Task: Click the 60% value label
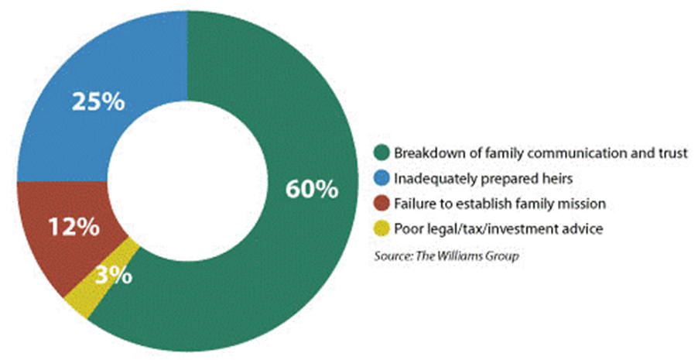pos(312,190)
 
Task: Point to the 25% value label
pos(98,101)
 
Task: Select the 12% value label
pos(74,228)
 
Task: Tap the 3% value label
pos(114,276)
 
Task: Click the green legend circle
pos(382,153)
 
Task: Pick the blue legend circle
pos(382,178)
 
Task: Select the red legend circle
pos(382,204)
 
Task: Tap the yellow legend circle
pos(382,229)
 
